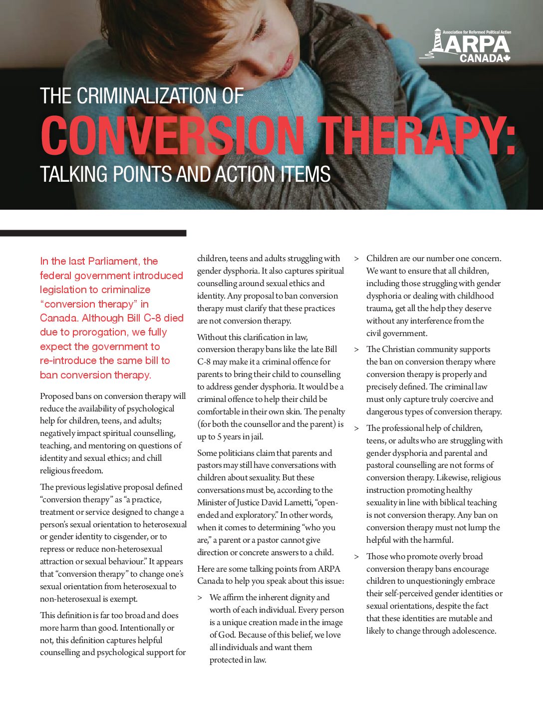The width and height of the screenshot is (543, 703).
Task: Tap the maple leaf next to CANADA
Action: click(x=507, y=58)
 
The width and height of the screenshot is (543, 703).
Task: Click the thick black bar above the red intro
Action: click(x=93, y=233)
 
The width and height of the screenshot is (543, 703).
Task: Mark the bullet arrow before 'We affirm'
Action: click(x=200, y=598)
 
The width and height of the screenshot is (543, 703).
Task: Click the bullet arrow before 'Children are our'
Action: click(x=356, y=259)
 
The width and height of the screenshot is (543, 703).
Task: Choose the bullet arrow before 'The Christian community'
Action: click(x=356, y=350)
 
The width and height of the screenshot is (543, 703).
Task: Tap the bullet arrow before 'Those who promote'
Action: click(x=356, y=557)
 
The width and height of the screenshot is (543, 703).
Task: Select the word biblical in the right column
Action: click(x=449, y=503)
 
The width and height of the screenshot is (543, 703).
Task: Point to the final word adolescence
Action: click(x=473, y=631)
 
